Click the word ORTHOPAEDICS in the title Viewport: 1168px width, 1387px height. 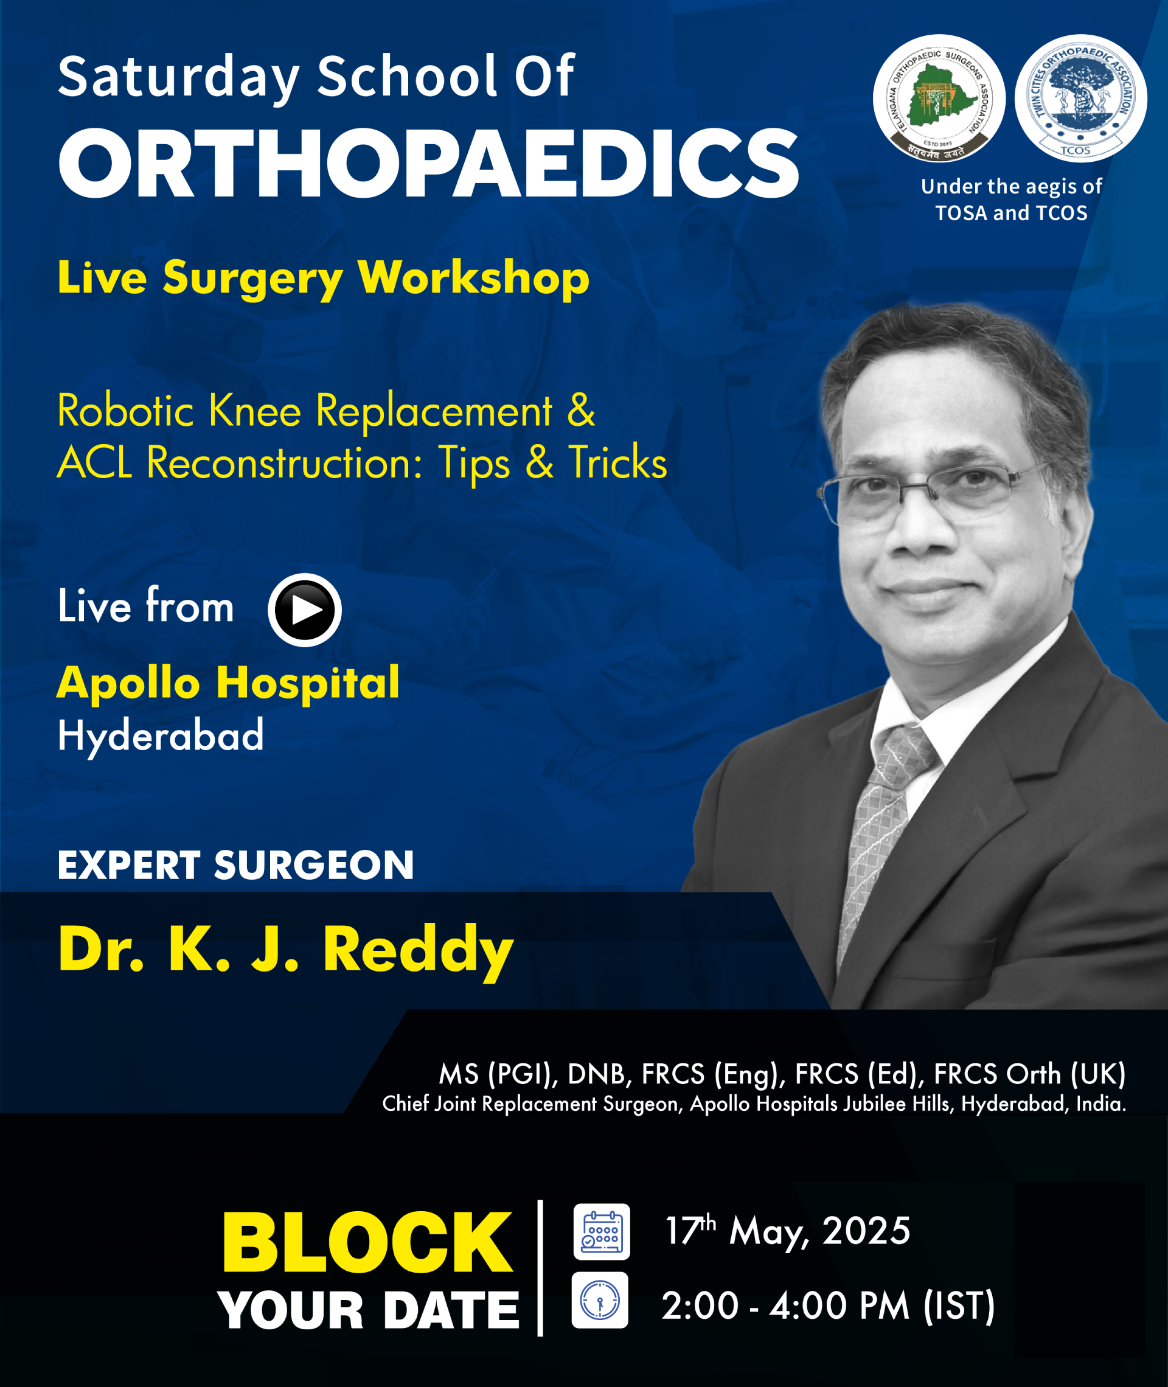pyautogui.click(x=428, y=163)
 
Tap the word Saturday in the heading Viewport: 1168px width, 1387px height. pyautogui.click(x=179, y=78)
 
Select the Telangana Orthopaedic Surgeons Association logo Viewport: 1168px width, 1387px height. pyautogui.click(x=939, y=98)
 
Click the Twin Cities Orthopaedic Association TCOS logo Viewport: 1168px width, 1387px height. pyautogui.click(x=1081, y=98)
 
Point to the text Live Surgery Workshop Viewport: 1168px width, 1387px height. pyautogui.click(x=323, y=278)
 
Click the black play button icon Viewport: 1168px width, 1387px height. pyautogui.click(x=305, y=610)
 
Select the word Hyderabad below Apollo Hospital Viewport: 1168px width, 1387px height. pyautogui.click(x=161, y=736)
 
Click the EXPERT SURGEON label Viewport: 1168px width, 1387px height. pyautogui.click(x=235, y=865)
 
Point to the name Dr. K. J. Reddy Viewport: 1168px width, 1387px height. pyautogui.click(x=286, y=950)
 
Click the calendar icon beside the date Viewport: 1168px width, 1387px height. pyautogui.click(x=601, y=1231)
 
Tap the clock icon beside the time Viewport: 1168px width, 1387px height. pyautogui.click(x=600, y=1300)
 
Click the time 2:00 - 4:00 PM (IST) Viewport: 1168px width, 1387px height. pyautogui.click(x=829, y=1305)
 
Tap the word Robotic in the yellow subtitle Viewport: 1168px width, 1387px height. pyautogui.click(x=125, y=411)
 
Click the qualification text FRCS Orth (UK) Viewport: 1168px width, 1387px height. pyautogui.click(x=1030, y=1074)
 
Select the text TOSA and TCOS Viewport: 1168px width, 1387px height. pyautogui.click(x=1011, y=213)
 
